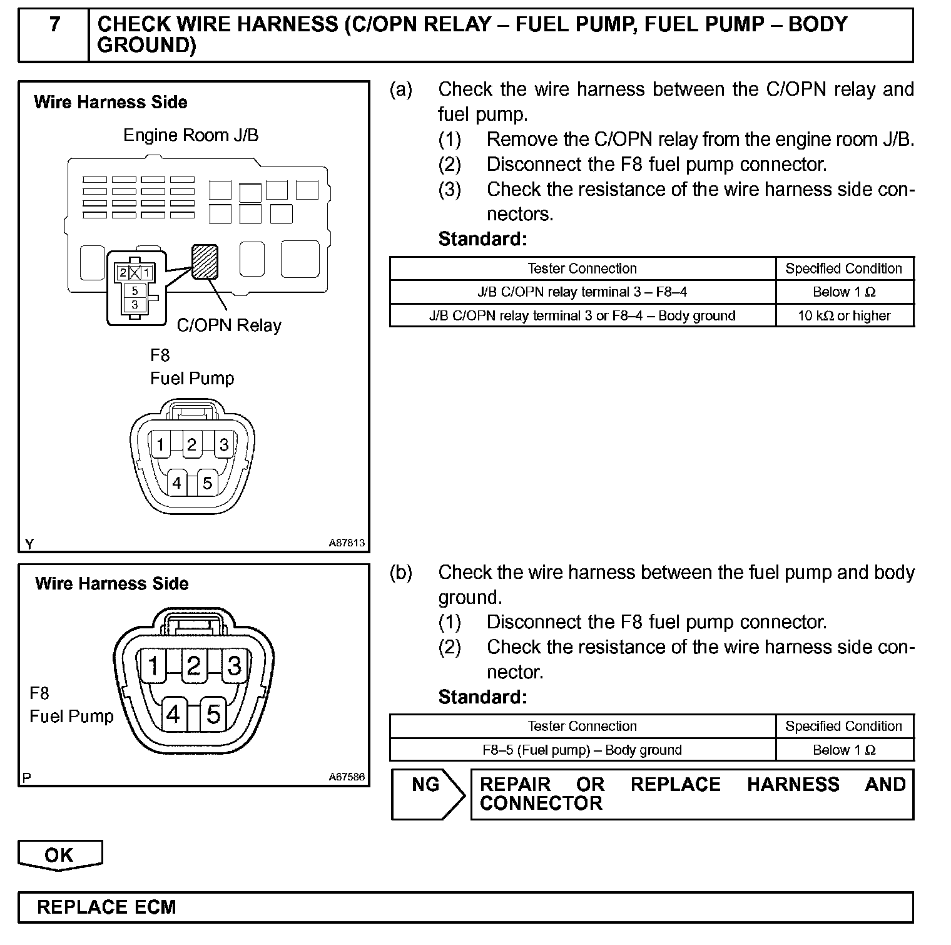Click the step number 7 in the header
pyautogui.click(x=55, y=25)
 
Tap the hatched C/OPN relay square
pyautogui.click(x=205, y=262)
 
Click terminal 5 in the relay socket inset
pyautogui.click(x=135, y=290)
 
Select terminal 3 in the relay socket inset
pyautogui.click(x=135, y=305)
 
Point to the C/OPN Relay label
pyautogui.click(x=229, y=325)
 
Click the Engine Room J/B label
pyautogui.click(x=191, y=135)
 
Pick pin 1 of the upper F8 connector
pyautogui.click(x=160, y=445)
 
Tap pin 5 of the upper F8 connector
pyautogui.click(x=207, y=483)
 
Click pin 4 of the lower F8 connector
pyautogui.click(x=173, y=714)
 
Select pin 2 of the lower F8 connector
pyautogui.click(x=194, y=666)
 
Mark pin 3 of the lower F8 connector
pyautogui.click(x=234, y=666)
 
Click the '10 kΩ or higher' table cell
pyautogui.click(x=844, y=315)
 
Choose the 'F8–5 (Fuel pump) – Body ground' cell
pyautogui.click(x=582, y=750)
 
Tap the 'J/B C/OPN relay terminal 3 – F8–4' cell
pyautogui.click(x=582, y=292)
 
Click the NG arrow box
pyautogui.click(x=428, y=794)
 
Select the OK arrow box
pyautogui.click(x=59, y=856)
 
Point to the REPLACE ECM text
pyautogui.click(x=106, y=907)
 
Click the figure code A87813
pyautogui.click(x=347, y=543)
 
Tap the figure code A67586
pyautogui.click(x=347, y=777)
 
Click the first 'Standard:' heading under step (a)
pyautogui.click(x=482, y=239)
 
